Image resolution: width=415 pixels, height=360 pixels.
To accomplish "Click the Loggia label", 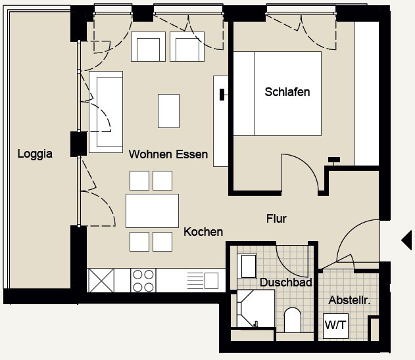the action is (35, 154).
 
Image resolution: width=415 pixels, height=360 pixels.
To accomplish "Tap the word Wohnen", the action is (151, 154).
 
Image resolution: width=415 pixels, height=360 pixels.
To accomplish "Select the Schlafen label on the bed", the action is (287, 92).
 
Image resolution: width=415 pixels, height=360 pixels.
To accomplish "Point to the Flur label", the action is (276, 219).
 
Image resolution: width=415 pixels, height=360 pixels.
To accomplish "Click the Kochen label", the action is (203, 232).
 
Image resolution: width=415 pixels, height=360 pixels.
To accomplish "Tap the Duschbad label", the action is (286, 282).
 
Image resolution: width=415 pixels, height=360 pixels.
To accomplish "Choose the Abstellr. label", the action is (349, 300).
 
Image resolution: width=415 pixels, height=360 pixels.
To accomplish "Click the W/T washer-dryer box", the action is (335, 326).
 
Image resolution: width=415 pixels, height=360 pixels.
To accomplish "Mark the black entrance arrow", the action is (406, 240).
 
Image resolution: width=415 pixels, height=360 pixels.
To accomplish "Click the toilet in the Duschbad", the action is (293, 320).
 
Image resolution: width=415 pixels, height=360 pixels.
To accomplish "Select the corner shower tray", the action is (256, 309).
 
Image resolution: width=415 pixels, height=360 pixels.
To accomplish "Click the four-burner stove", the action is (143, 281).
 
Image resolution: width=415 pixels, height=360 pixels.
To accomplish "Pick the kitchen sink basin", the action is (211, 281).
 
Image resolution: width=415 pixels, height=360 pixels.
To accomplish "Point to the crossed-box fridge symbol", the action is (101, 281).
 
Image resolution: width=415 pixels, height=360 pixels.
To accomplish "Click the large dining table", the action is (152, 211).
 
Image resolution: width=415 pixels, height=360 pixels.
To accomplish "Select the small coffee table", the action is (168, 111).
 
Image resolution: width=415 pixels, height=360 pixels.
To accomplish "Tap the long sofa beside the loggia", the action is (106, 112).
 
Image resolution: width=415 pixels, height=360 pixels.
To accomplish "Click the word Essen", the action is (192, 154).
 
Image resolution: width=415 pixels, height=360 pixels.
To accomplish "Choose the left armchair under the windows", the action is (148, 47).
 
